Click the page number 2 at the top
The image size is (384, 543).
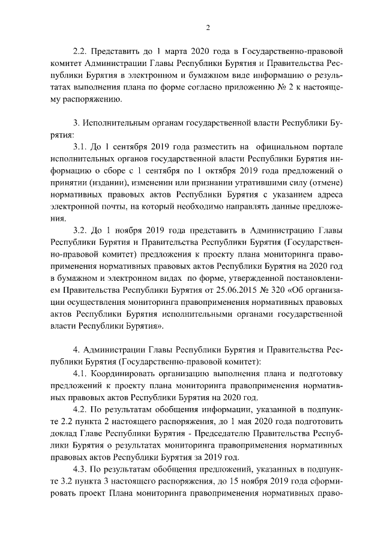(x=208, y=28)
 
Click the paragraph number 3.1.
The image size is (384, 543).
(x=79, y=147)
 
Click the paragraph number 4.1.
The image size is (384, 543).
(x=80, y=374)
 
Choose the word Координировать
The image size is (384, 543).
(x=129, y=374)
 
